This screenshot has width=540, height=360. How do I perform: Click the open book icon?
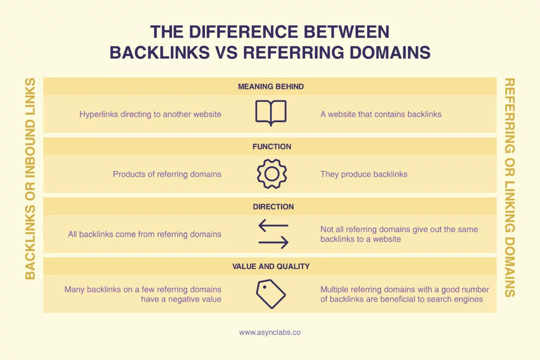pos(271,113)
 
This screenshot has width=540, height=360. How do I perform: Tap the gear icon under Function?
pos(271,174)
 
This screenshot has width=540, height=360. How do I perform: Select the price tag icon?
pos(271,294)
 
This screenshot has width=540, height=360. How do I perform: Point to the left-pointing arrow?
pos(273,226)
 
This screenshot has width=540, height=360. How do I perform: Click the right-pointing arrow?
pos(273,242)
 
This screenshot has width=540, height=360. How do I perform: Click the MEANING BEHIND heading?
pos(271,86)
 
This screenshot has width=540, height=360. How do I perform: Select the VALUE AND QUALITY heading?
pos(271,266)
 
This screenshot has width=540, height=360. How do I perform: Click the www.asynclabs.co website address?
pos(270,333)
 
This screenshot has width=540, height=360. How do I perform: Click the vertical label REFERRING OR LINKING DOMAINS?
pos(510,187)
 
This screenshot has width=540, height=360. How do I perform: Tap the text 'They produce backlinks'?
pos(364,174)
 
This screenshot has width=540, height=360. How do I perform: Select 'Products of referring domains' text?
pos(167,174)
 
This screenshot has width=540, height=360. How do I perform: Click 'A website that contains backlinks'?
pos(381,114)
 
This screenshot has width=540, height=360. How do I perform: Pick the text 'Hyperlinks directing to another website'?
pos(150,114)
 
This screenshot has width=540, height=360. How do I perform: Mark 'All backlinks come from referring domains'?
pos(144,234)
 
